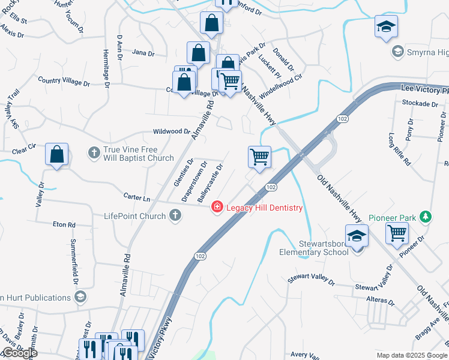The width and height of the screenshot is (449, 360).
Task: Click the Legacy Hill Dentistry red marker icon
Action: point(216,208)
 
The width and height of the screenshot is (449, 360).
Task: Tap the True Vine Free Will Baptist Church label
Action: point(138,154)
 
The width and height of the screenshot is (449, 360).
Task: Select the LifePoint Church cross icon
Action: point(175,215)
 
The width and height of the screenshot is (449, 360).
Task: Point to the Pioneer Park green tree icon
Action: point(426,217)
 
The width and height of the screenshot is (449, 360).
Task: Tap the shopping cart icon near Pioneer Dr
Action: point(397,233)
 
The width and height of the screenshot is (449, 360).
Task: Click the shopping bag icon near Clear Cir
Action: point(56,155)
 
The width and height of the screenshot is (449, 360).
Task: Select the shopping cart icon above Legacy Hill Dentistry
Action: point(259,157)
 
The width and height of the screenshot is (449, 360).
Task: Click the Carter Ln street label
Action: point(136,197)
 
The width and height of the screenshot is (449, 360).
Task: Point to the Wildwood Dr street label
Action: point(171,131)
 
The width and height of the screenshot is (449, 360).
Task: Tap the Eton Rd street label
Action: point(64,224)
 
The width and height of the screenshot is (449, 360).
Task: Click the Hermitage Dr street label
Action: point(106,69)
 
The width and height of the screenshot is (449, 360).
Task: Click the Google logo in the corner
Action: point(19,353)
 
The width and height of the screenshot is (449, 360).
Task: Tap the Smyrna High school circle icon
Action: point(397,52)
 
